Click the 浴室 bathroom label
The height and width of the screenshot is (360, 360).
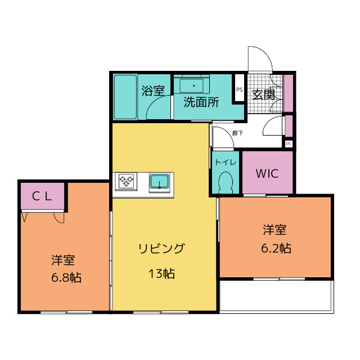152,91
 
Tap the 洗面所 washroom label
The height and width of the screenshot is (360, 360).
201,102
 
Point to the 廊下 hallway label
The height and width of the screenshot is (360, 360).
238,133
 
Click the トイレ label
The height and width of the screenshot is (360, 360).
226,162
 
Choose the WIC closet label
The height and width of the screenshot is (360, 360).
267,173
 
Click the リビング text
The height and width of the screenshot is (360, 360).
161,248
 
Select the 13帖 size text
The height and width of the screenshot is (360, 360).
161,274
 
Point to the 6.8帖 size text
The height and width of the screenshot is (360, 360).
64,277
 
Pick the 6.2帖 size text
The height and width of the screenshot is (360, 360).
276,247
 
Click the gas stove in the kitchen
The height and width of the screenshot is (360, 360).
127,181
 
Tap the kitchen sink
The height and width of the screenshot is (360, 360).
160,182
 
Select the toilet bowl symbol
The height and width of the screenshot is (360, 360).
226,182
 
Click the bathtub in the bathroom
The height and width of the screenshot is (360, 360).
125,97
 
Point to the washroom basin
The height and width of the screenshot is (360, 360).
194,85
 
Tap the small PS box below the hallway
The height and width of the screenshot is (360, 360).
289,144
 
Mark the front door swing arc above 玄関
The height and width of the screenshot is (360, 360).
260,59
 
